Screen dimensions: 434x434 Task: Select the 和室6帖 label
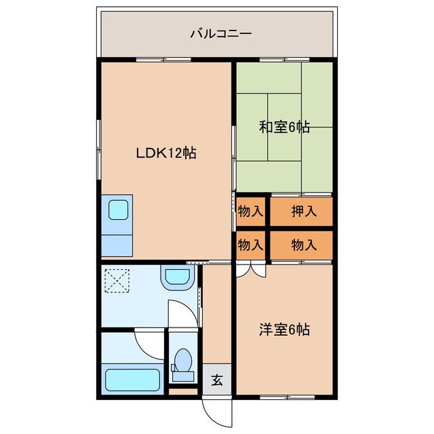284,127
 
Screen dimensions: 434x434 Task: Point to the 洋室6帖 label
284,330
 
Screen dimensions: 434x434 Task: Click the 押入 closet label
303,211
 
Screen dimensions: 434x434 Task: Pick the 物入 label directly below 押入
303,245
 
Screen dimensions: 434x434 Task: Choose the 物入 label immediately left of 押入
250,211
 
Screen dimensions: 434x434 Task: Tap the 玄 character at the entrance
216,380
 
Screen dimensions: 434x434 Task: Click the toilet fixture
182,365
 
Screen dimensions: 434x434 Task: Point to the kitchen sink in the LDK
118,210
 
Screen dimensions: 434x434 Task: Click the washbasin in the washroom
178,276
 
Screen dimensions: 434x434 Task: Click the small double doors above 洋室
252,269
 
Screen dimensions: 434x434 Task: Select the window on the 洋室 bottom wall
284,397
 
